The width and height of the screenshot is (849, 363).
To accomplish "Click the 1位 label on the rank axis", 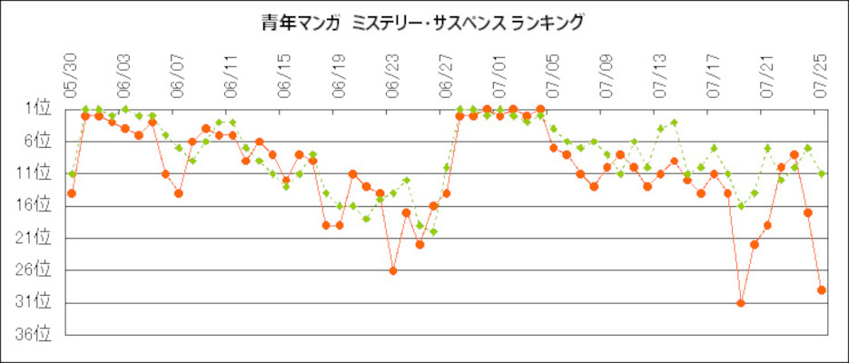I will click(x=39, y=109).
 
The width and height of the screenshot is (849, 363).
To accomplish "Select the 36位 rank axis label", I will click(x=36, y=335).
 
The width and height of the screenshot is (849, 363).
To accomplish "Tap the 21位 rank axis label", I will click(x=36, y=238).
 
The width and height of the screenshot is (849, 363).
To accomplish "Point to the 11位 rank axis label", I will click(x=36, y=173).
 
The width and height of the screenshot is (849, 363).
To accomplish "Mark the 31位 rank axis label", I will click(x=36, y=302).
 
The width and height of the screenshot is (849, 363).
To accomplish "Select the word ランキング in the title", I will click(x=544, y=23).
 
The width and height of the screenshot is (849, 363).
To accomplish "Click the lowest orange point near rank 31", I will click(x=741, y=303).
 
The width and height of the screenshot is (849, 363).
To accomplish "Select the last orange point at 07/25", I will click(x=822, y=290).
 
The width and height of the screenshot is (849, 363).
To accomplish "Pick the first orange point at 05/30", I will click(x=71, y=193).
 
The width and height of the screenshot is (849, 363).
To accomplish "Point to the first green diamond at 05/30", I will click(x=71, y=173).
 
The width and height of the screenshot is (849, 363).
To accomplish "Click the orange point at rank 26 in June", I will click(x=393, y=270).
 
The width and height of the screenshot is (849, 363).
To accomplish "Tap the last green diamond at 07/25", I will click(x=822, y=173).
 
